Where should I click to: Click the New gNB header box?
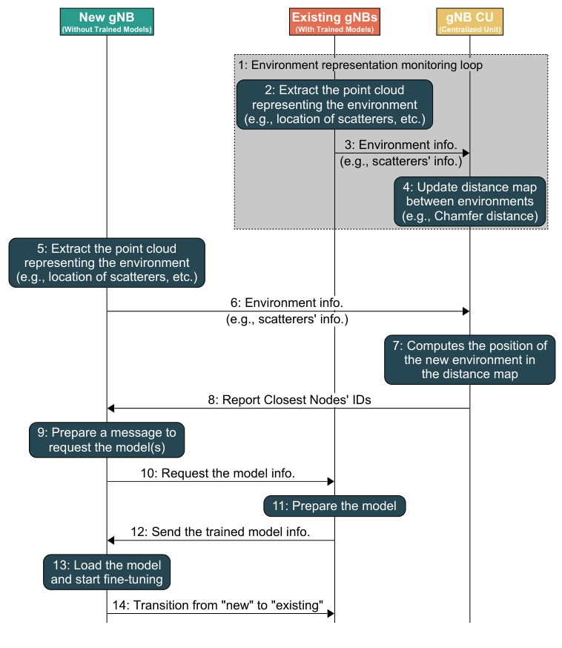pyautogui.click(x=107, y=22)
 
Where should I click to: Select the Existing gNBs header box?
pyautogui.click(x=334, y=22)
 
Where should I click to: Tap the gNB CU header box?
pyautogui.click(x=469, y=22)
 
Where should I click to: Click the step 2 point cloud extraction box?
pyautogui.click(x=334, y=105)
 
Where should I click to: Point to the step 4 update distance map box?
pyautogui.click(x=469, y=202)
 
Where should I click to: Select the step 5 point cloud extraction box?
pyautogui.click(x=107, y=262)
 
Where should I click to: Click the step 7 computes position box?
pyautogui.click(x=469, y=360)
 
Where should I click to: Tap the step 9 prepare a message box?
pyautogui.click(x=107, y=440)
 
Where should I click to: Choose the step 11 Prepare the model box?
pyautogui.click(x=334, y=506)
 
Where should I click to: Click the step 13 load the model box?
pyautogui.click(x=107, y=572)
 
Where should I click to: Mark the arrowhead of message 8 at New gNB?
pyautogui.click(x=112, y=408)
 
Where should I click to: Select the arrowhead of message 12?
pyautogui.click(x=112, y=540)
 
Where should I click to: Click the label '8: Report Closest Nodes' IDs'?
pyautogui.click(x=289, y=399)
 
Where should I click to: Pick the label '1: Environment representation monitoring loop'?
pyautogui.click(x=360, y=65)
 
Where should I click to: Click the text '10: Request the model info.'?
pyautogui.click(x=228, y=472)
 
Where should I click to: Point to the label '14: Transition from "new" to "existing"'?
pyautogui.click(x=218, y=605)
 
